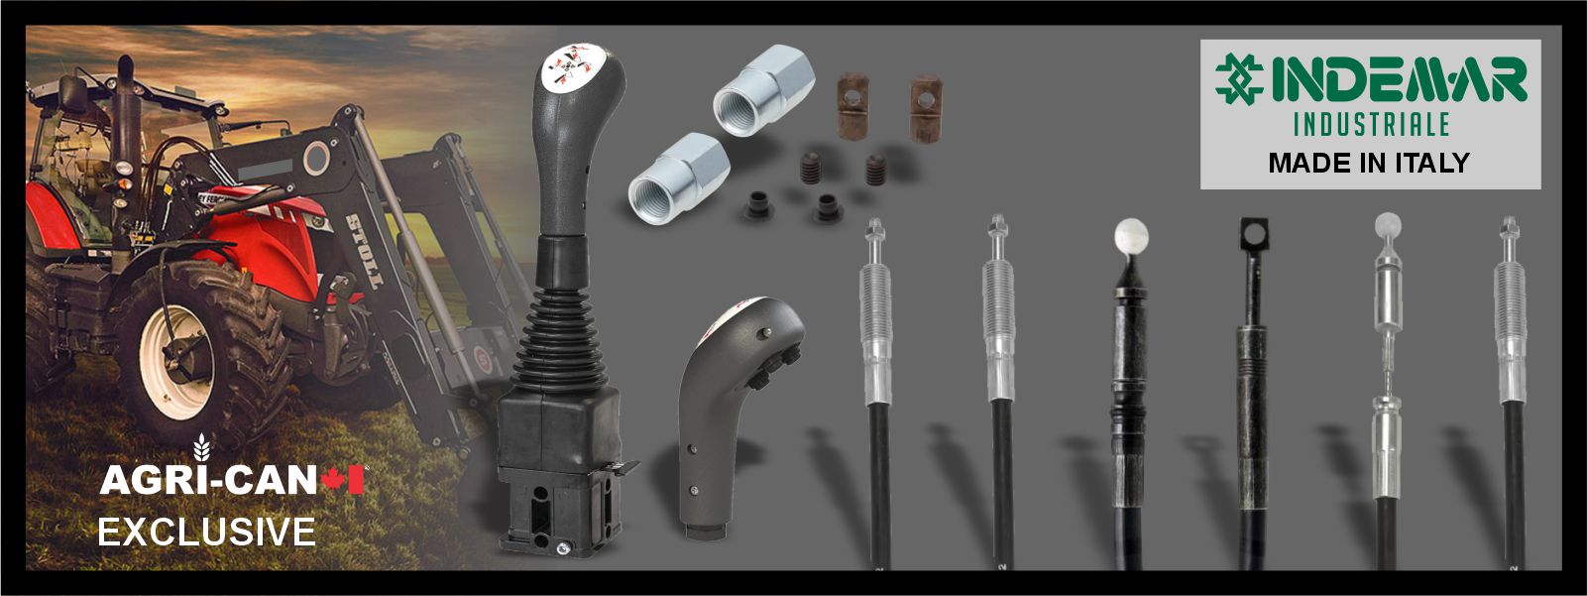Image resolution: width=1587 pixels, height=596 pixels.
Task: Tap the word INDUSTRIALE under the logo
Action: pyautogui.click(x=1372, y=125)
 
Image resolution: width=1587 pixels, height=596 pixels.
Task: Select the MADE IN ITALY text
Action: pyautogui.click(x=1369, y=163)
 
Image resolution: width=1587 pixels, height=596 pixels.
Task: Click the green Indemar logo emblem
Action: pyautogui.click(x=1239, y=79)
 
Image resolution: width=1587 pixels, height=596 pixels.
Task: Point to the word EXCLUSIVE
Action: pyautogui.click(x=206, y=533)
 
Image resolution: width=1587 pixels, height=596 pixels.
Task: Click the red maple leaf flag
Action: pyautogui.click(x=343, y=480)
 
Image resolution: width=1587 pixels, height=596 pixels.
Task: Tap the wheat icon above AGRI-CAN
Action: pyautogui.click(x=202, y=447)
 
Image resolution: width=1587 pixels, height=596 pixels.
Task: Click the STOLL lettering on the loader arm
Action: pyautogui.click(x=366, y=252)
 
